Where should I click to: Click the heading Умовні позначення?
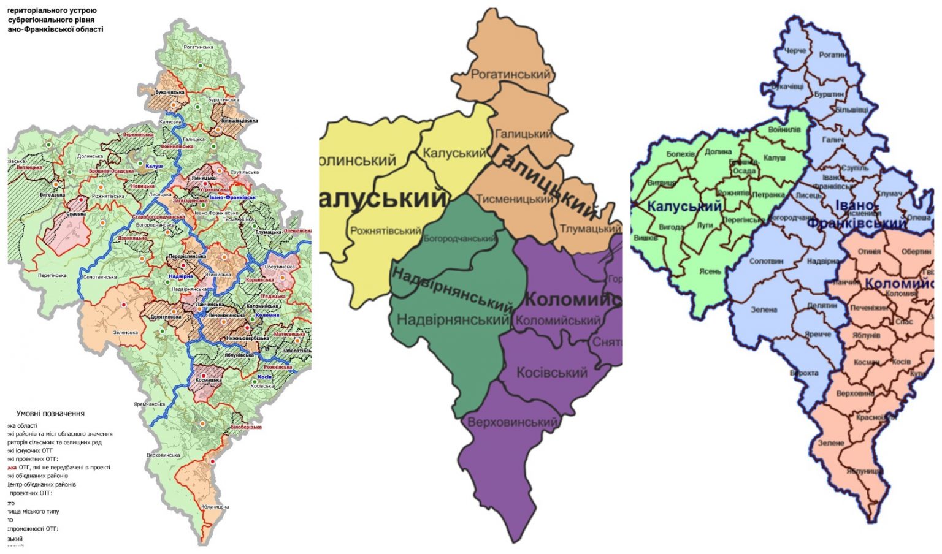click(50, 414)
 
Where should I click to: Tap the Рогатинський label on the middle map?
click(510, 74)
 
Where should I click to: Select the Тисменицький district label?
click(515, 199)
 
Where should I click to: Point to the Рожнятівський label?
click(386, 231)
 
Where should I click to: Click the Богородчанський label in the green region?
click(460, 238)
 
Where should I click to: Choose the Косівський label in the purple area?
click(551, 373)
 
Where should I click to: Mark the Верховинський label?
click(512, 422)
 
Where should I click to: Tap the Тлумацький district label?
click(590, 229)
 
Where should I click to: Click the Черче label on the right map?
click(795, 51)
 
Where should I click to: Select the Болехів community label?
click(681, 154)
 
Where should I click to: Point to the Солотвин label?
click(766, 261)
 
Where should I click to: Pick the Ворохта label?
click(803, 373)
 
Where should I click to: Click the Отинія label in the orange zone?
click(869, 251)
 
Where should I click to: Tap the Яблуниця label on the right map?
click(864, 471)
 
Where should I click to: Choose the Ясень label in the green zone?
click(710, 271)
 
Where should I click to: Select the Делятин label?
click(822, 305)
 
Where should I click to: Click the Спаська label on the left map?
click(76, 214)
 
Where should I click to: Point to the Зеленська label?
click(125, 333)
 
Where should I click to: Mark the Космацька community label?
click(209, 380)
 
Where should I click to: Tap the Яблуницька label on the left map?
click(215, 507)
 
